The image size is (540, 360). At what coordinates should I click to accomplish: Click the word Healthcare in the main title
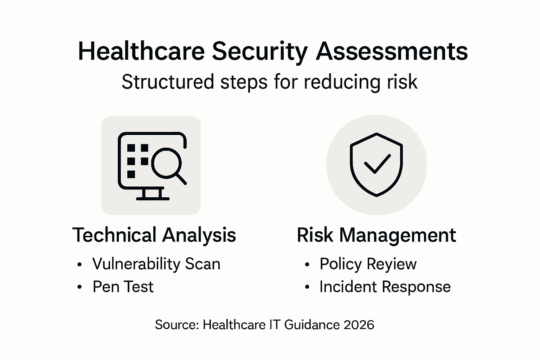pos(141,51)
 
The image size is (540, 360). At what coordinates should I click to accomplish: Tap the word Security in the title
pos(259,51)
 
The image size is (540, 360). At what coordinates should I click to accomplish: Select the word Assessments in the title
pos(392,51)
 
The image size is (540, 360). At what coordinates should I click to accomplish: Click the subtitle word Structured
pos(168,82)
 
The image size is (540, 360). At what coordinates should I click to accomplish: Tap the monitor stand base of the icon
pos(153,198)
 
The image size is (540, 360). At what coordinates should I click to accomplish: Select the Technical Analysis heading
pos(154,235)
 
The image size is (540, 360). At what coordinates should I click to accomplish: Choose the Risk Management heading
pos(376,235)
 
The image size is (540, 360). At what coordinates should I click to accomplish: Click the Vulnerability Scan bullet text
pos(156,264)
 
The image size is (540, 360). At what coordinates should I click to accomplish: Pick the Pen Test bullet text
pos(123,287)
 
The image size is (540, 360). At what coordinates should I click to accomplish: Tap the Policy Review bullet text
pos(368,264)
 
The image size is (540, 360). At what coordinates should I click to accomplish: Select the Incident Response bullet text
pos(385,287)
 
